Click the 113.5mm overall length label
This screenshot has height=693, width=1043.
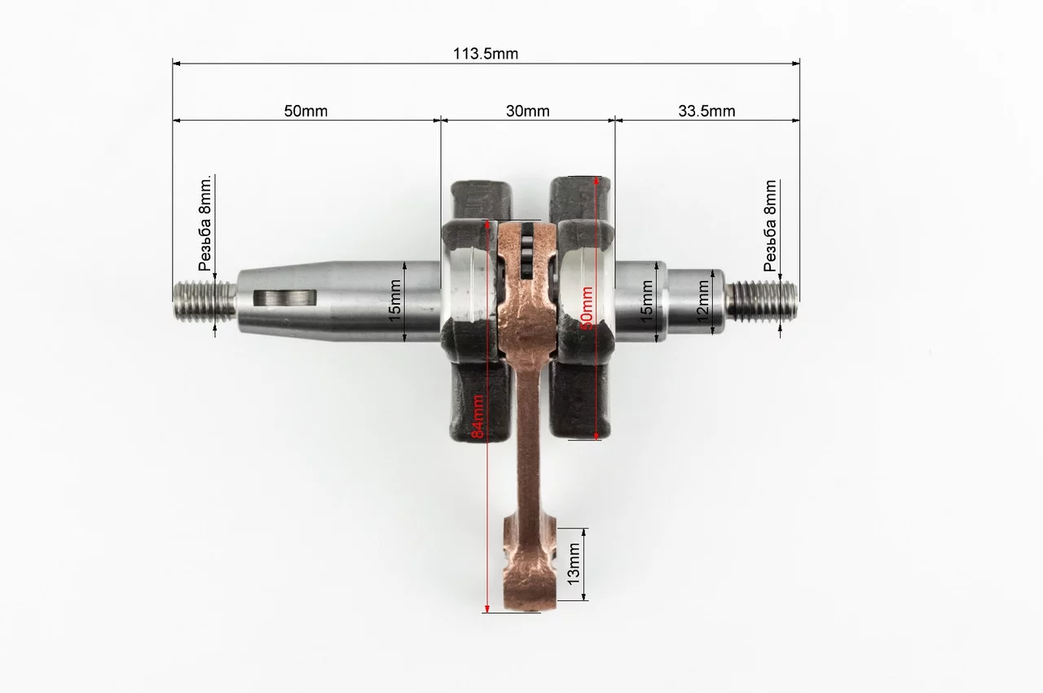pyautogui.click(x=486, y=54)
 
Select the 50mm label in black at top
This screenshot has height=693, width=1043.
pyautogui.click(x=306, y=112)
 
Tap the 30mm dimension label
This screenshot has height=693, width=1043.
pyautogui.click(x=527, y=112)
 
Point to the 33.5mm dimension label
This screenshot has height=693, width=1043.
pyautogui.click(x=706, y=112)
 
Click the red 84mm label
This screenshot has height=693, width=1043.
pyautogui.click(x=477, y=416)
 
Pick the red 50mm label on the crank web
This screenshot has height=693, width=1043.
pyautogui.click(x=587, y=308)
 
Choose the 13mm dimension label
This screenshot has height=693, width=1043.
pyautogui.click(x=574, y=564)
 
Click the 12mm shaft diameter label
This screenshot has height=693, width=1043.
pyautogui.click(x=702, y=300)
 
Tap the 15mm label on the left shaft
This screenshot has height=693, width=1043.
pyautogui.click(x=394, y=300)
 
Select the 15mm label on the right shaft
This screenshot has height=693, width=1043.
pyautogui.click(x=646, y=301)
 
